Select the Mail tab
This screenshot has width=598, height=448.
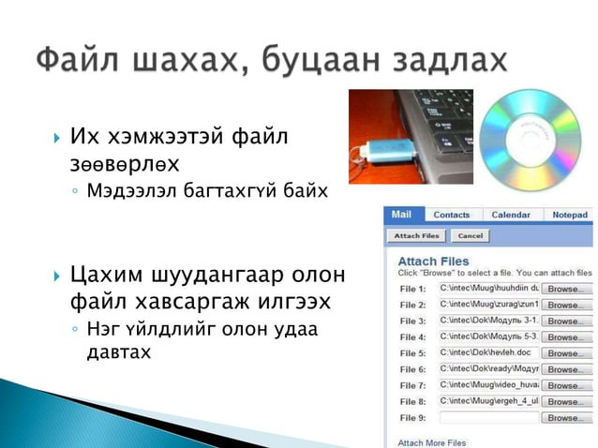[401, 215]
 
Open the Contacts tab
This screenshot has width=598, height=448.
[452, 215]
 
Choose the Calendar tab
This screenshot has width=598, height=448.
[511, 215]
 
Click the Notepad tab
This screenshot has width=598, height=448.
[570, 215]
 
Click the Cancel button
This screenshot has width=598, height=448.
[471, 236]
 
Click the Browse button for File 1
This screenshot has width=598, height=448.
[564, 290]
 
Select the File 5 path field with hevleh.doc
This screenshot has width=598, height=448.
[487, 353]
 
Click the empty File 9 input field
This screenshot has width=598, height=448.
[487, 417]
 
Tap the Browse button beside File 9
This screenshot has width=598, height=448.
[564, 417]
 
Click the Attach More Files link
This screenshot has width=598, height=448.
[432, 442]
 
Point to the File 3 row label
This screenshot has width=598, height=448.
[412, 321]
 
